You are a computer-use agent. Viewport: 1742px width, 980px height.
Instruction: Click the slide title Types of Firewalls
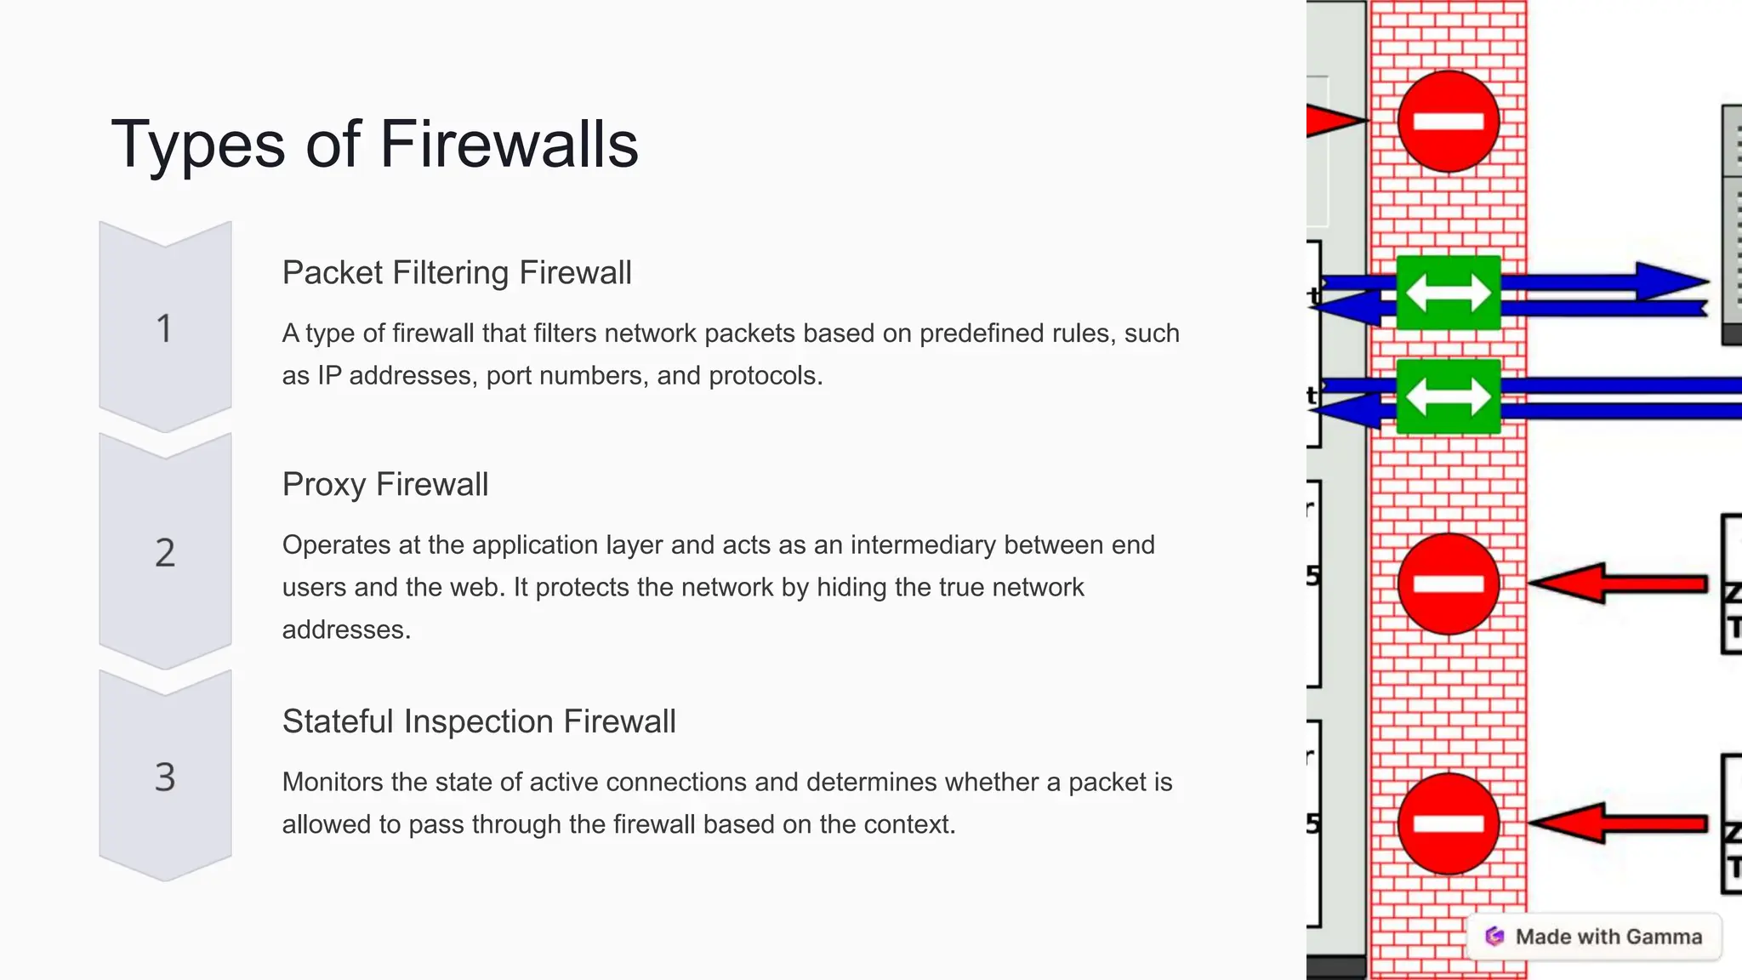374,144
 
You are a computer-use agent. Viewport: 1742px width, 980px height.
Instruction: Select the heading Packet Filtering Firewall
457,273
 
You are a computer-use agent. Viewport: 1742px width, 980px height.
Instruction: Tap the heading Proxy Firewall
385,485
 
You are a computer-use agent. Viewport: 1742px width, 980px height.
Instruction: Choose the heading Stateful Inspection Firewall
479,722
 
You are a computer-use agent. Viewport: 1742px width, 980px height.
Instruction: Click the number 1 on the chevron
165,328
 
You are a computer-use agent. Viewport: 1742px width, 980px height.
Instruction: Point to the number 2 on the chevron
165,553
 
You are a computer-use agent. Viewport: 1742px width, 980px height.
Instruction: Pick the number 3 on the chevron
165,778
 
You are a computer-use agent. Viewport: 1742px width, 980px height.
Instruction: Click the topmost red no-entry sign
1448,122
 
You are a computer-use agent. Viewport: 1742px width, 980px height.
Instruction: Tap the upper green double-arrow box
1448,293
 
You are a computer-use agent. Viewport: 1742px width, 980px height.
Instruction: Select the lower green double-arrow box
1448,396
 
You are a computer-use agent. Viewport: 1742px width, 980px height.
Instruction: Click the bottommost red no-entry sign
1448,823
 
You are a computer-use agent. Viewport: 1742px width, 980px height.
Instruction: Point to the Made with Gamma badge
1594,937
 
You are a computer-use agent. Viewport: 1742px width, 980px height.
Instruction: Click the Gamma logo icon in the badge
1494,937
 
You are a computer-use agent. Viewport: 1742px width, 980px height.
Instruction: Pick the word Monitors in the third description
333,783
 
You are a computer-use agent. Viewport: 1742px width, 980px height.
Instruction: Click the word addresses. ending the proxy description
346,630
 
